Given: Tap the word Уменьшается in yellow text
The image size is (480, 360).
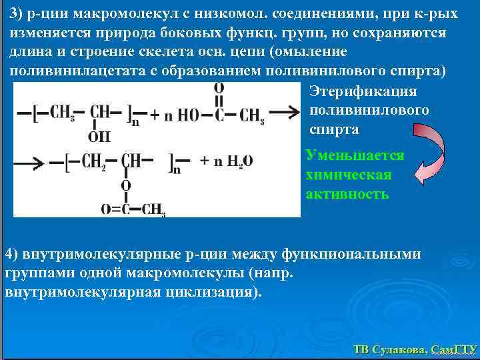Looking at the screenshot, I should (x=355, y=155).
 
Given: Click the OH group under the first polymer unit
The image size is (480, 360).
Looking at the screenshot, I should (x=99, y=137).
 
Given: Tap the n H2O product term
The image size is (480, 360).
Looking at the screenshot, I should (x=230, y=161).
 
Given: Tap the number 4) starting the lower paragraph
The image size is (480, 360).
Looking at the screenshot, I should (x=12, y=254).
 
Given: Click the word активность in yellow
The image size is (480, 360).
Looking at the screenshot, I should (x=347, y=194).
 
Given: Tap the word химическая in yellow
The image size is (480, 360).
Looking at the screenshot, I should (x=348, y=175).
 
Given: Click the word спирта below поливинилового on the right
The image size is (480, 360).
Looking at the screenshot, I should (x=334, y=129).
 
